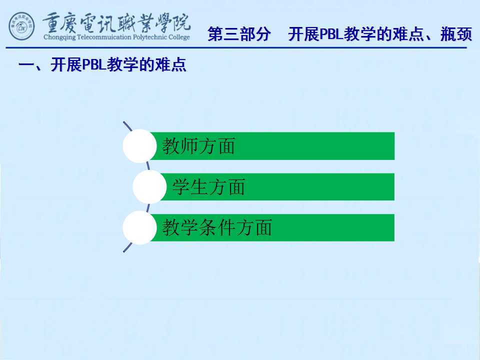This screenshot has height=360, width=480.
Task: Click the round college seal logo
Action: click(21, 26)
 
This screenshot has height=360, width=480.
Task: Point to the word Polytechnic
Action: click(150, 37)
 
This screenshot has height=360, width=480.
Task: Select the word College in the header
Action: click(179, 37)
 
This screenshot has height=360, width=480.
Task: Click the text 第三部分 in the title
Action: click(239, 34)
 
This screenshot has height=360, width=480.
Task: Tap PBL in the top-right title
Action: click(331, 34)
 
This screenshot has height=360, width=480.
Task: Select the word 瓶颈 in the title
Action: click(456, 34)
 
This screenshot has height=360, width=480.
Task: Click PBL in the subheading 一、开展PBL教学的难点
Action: click(94, 64)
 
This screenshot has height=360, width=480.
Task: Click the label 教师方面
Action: click(198, 146)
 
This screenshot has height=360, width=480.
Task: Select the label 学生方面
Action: click(208, 187)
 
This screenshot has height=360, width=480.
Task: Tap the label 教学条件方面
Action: click(217, 227)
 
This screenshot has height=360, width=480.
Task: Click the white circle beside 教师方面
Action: click(140, 146)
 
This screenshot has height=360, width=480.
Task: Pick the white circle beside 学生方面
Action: click(149, 186)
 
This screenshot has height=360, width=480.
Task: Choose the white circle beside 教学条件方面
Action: click(140, 227)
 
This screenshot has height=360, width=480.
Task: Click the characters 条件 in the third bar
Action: click(217, 227)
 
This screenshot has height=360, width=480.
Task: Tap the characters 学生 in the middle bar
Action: click(190, 187)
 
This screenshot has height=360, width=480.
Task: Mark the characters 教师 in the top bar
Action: click(180, 146)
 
